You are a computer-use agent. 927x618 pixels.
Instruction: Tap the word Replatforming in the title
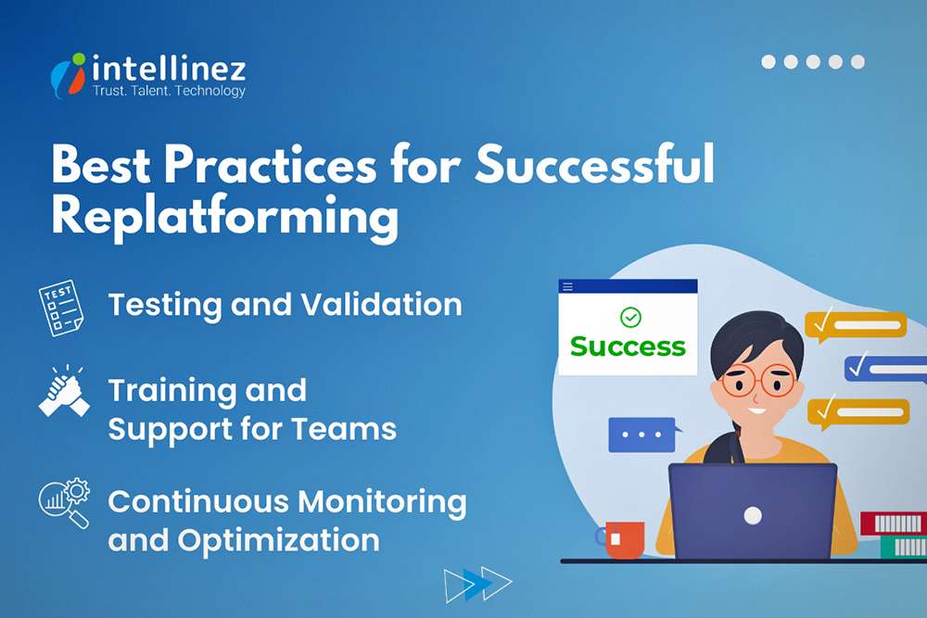pos(224,217)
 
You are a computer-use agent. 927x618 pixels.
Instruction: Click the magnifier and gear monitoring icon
pos(64,503)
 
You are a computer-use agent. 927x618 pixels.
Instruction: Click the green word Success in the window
pos(628,347)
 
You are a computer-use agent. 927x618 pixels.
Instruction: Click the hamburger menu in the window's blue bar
pos(568,287)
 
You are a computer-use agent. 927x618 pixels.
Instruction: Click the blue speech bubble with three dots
pos(642,434)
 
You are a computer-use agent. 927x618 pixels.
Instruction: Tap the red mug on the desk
pos(625,540)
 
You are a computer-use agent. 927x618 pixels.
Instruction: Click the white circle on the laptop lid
pos(753,515)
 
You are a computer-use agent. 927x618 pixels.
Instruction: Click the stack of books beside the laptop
pos(894,535)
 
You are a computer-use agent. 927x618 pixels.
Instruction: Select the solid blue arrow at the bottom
pos(477,583)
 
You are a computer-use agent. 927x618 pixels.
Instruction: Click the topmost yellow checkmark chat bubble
pos(855,325)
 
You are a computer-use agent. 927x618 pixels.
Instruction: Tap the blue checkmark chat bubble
pos(885,368)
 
